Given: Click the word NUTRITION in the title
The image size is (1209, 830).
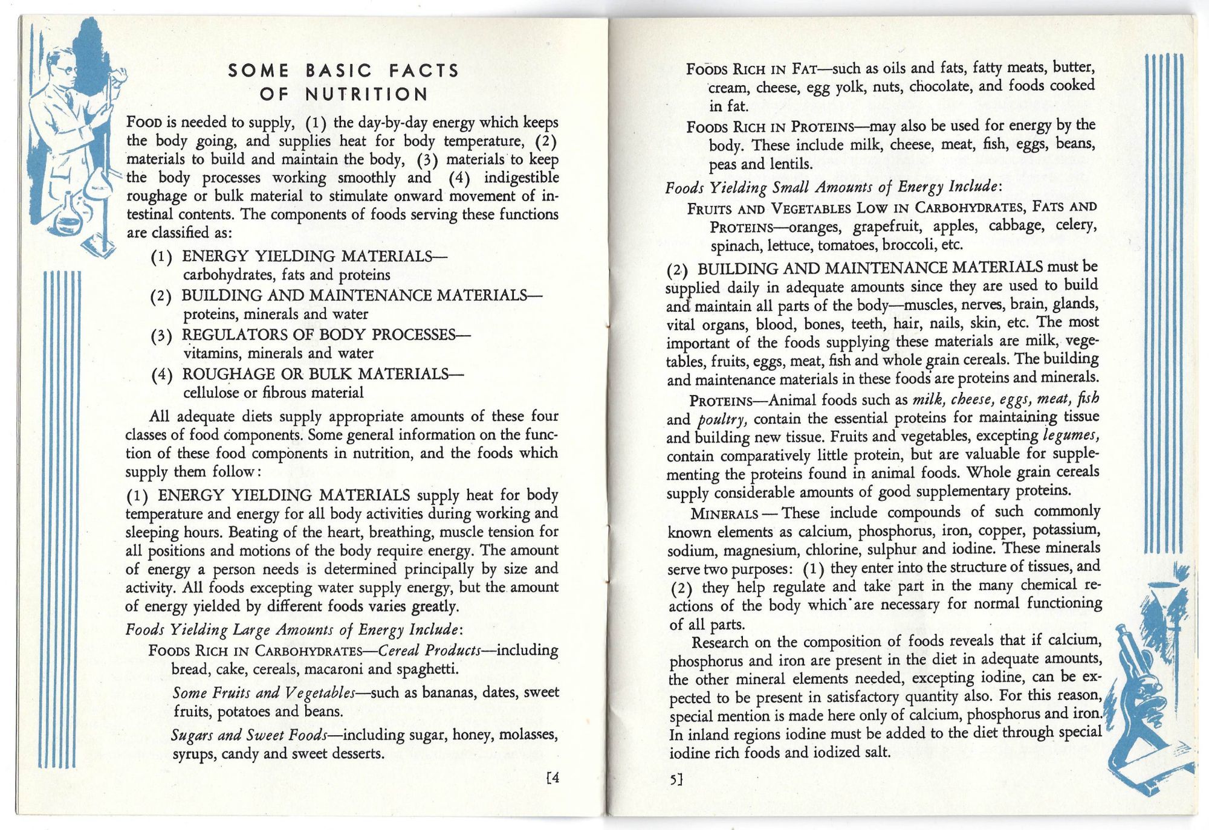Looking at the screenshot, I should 366,94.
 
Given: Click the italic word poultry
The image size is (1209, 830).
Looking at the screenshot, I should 722,420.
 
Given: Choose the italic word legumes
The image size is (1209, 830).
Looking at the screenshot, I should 1071,435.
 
